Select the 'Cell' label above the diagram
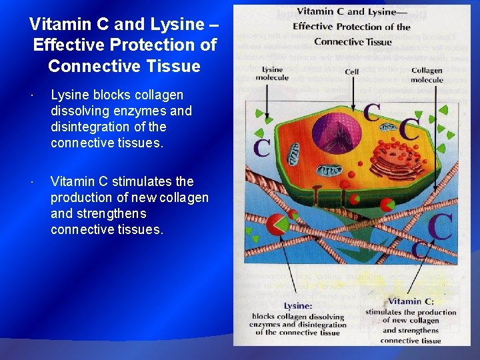point(351,72)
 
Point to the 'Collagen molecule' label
point(427,75)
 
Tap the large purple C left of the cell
point(262,146)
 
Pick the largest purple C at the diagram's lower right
point(440,226)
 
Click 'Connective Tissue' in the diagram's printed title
point(353,42)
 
